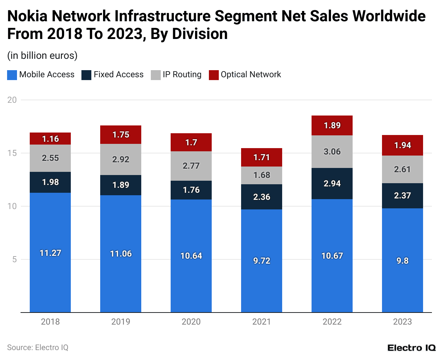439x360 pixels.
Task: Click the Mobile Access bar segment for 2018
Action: click(x=50, y=252)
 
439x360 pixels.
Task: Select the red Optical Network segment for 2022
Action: click(x=332, y=125)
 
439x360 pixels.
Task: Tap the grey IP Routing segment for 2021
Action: click(x=261, y=175)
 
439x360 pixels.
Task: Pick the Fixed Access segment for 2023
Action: click(x=402, y=196)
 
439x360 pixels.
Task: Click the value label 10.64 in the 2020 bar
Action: click(x=191, y=256)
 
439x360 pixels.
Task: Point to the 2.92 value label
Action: click(x=121, y=159)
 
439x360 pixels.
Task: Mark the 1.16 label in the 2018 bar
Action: click(x=50, y=139)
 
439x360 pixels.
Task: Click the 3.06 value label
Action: click(x=332, y=152)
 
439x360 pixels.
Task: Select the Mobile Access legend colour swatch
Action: click(x=12, y=75)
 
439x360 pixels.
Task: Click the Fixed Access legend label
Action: click(x=118, y=74)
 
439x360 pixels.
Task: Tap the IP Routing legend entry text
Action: click(x=182, y=74)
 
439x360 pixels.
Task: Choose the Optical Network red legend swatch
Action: click(x=214, y=75)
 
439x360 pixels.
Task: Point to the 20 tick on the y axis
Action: click(x=12, y=100)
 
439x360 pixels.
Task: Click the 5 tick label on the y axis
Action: click(x=14, y=259)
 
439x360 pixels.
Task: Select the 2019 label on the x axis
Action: click(x=121, y=322)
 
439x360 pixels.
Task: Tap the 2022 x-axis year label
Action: click(x=332, y=322)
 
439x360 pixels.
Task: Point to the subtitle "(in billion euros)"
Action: click(x=42, y=56)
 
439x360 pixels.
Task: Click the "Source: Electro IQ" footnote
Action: click(x=38, y=348)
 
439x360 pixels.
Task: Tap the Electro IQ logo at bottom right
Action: click(x=411, y=348)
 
